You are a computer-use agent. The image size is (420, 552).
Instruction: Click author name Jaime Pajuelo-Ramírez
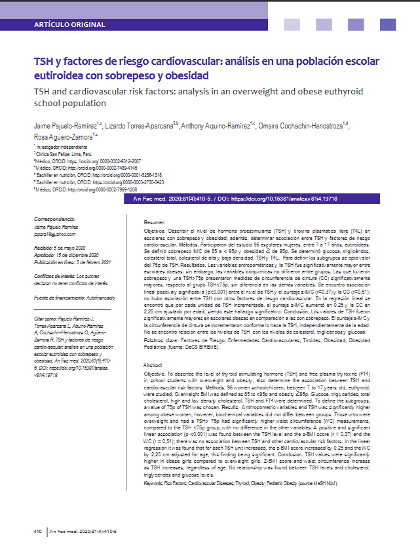click(x=64, y=125)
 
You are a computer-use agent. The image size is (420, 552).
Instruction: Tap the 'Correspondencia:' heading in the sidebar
click(x=56, y=218)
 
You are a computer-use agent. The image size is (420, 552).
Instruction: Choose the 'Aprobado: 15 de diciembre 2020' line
click(x=66, y=254)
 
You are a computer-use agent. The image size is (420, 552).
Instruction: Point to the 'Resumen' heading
click(x=154, y=223)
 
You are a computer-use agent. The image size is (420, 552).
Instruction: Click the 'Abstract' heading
click(x=153, y=365)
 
